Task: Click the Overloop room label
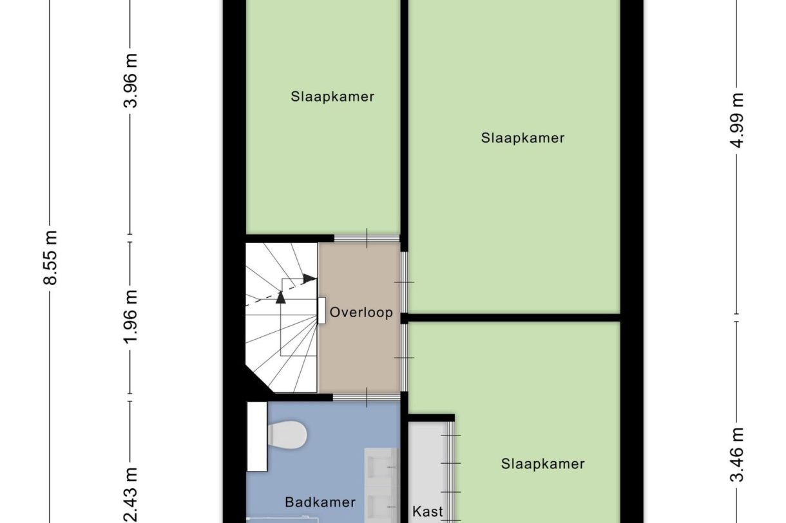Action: pyautogui.click(x=361, y=313)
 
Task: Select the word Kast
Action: pyautogui.click(x=428, y=512)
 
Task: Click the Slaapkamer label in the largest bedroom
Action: pyautogui.click(x=522, y=138)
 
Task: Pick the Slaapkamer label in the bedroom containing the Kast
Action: pyautogui.click(x=542, y=464)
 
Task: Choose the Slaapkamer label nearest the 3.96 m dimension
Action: pyautogui.click(x=332, y=97)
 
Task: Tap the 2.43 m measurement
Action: pyautogui.click(x=131, y=495)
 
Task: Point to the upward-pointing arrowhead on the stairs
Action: pyautogui.click(x=281, y=297)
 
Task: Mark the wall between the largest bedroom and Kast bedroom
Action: pyautogui.click(x=514, y=317)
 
